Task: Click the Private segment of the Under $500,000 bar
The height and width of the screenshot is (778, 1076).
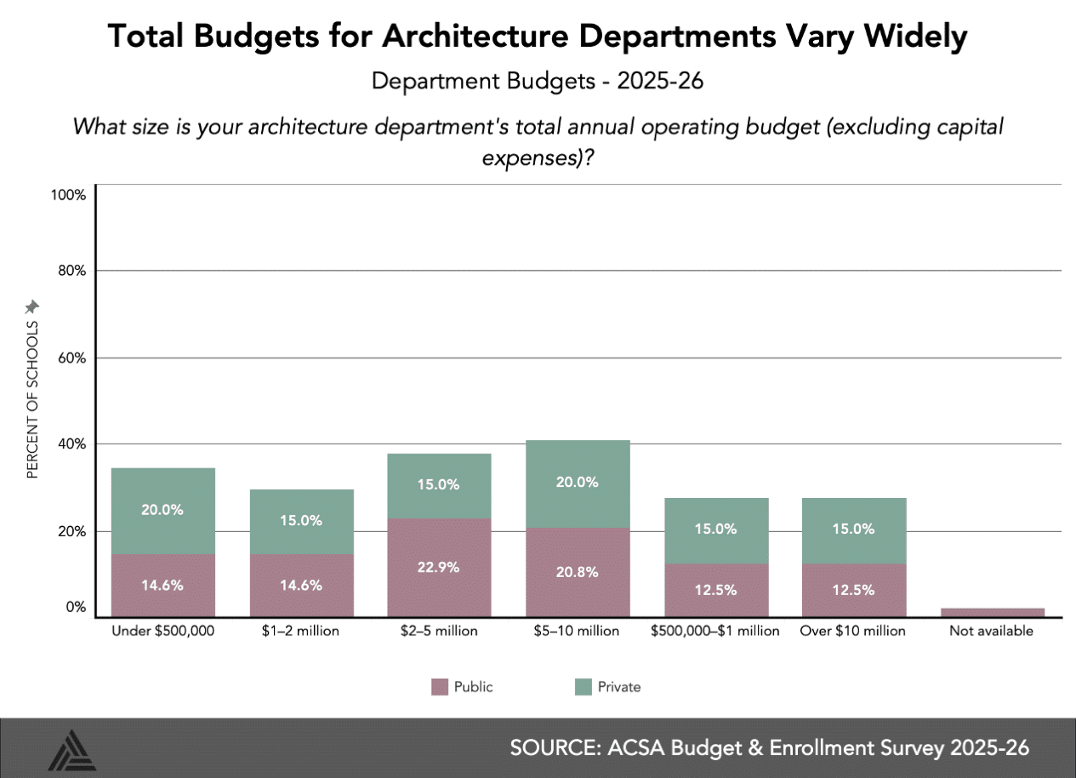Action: click(x=162, y=511)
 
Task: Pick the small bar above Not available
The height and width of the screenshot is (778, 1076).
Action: click(x=993, y=612)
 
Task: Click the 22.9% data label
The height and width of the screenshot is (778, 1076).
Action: click(x=439, y=567)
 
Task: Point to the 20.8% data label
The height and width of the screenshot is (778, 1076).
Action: click(x=578, y=572)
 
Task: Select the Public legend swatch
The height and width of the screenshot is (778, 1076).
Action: click(x=440, y=687)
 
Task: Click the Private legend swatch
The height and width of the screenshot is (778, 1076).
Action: click(x=583, y=687)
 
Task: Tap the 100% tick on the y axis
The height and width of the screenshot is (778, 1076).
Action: click(x=69, y=195)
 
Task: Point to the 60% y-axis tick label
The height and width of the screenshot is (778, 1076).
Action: click(x=71, y=358)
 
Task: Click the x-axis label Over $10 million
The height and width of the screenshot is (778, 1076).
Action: click(x=853, y=632)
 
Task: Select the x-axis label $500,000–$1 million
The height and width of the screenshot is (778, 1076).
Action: click(x=714, y=632)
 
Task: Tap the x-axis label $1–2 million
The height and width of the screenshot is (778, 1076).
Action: click(x=301, y=632)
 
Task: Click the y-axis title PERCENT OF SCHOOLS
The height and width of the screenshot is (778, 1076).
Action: click(x=32, y=399)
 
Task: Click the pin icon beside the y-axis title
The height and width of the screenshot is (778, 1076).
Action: click(x=32, y=306)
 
